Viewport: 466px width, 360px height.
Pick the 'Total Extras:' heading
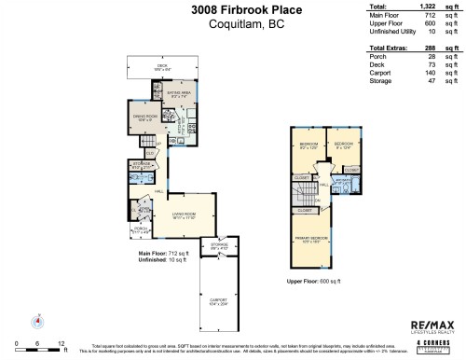(390, 47)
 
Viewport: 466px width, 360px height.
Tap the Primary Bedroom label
(321, 242)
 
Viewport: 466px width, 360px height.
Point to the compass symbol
(38, 320)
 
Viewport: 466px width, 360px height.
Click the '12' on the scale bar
(62, 343)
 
